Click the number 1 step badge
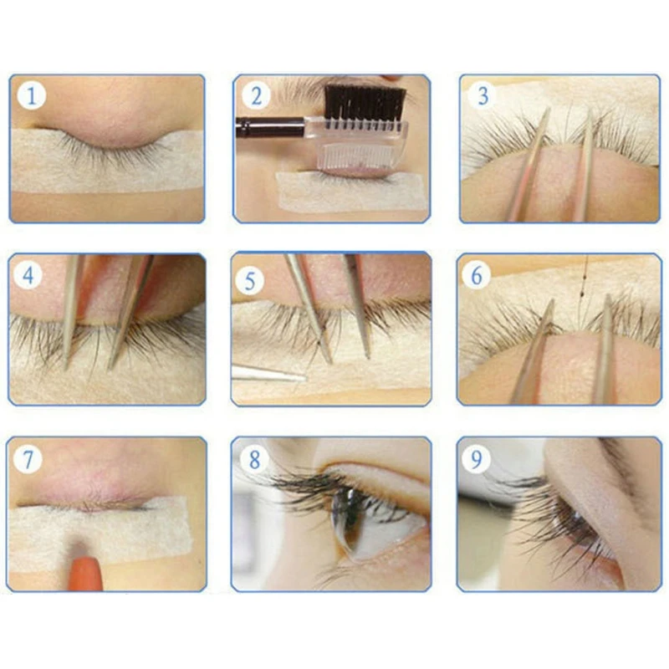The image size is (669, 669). point(31,95)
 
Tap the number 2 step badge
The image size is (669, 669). point(256,95)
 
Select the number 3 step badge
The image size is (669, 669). point(483,95)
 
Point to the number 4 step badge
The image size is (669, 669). point(28,276)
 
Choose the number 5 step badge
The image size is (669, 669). point(250,281)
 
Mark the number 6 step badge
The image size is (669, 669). point(477,276)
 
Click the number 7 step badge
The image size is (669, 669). point(28,459)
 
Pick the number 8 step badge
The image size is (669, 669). point(254,459)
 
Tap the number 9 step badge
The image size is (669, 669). point(476,459)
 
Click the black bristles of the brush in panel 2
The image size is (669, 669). point(365,104)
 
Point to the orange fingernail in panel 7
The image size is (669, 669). point(86,574)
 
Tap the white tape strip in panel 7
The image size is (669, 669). point(100,533)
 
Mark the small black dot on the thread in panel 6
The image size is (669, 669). point(582,294)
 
